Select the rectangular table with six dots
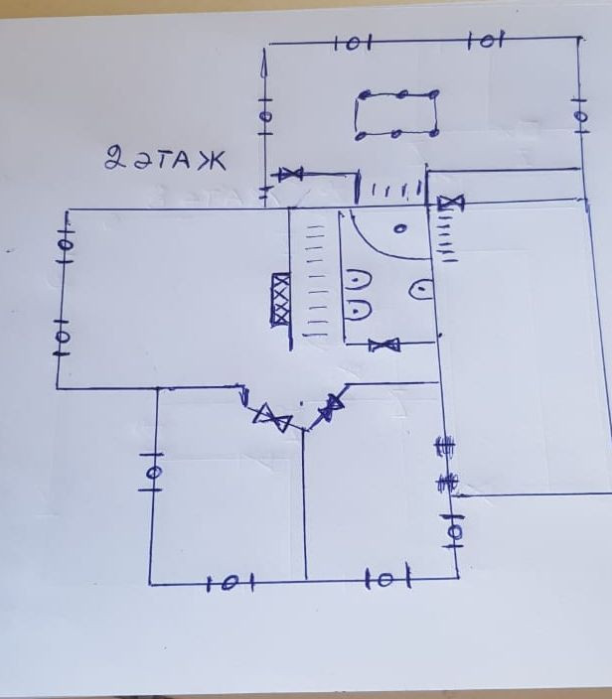coord(397,114)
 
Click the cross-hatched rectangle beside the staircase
coord(282,299)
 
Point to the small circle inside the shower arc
coord(400,229)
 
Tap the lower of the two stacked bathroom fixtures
coord(359,311)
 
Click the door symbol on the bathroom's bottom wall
coord(384,345)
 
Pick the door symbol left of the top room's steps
coord(290,175)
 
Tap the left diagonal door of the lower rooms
coord(270,416)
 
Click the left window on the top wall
coord(350,44)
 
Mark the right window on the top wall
coord(486,42)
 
